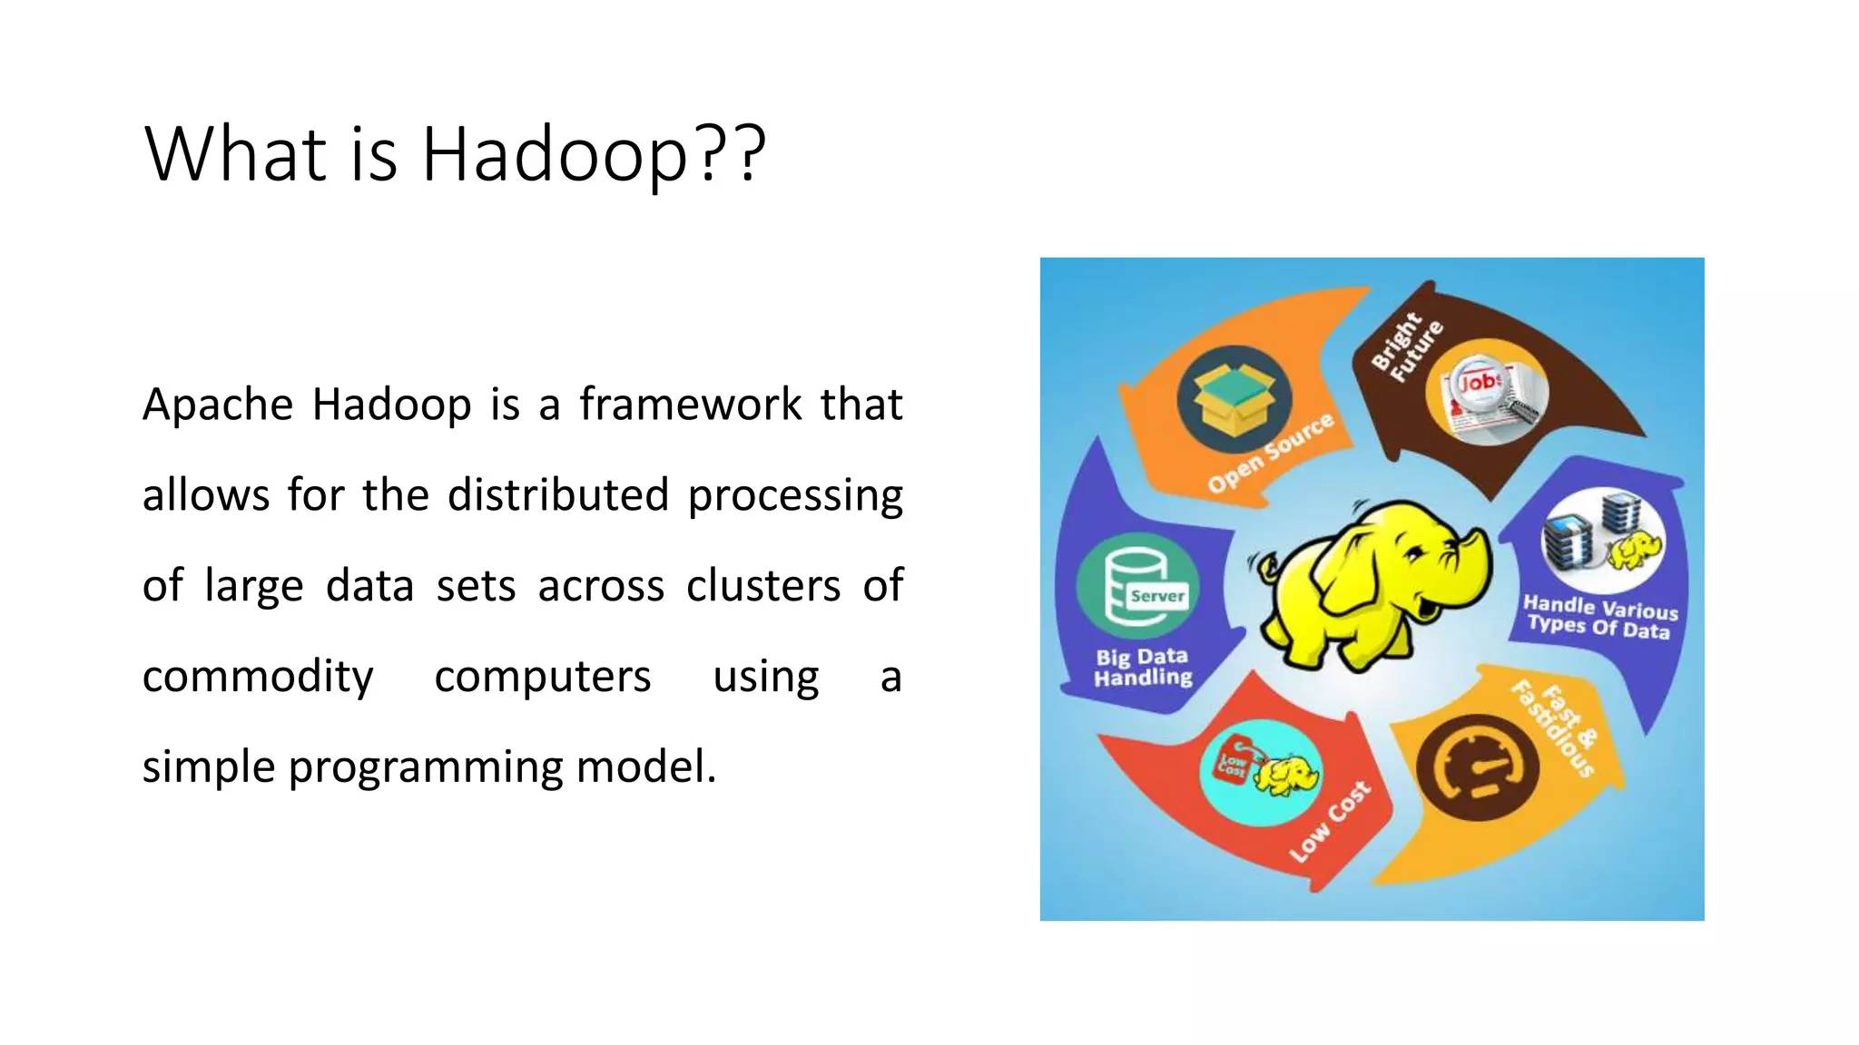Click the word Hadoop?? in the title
(x=594, y=154)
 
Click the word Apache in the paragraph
(x=217, y=405)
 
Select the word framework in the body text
(x=691, y=405)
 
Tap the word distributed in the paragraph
(x=557, y=495)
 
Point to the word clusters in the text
(x=763, y=586)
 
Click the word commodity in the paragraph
(x=258, y=677)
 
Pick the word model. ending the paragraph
(x=646, y=767)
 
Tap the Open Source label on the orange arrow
(x=1270, y=453)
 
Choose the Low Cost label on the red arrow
(x=1330, y=821)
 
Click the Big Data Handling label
(x=1143, y=667)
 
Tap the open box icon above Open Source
(x=1234, y=399)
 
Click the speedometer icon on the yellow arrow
(x=1478, y=767)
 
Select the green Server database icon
(x=1137, y=587)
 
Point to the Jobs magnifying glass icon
(x=1485, y=393)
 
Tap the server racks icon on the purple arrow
(x=1603, y=541)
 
